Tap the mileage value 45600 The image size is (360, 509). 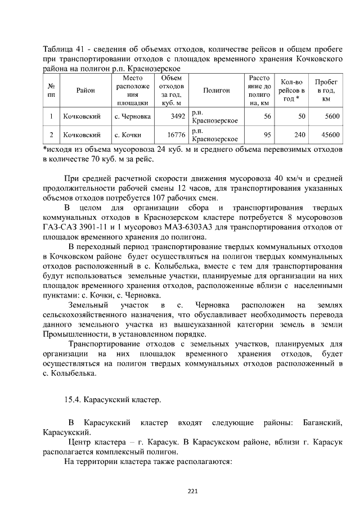point(330,135)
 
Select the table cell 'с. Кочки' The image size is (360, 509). point(127,135)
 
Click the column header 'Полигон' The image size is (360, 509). point(217,90)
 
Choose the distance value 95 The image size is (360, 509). point(267,135)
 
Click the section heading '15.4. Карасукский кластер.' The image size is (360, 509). point(113,400)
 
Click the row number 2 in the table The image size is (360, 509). point(51,135)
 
